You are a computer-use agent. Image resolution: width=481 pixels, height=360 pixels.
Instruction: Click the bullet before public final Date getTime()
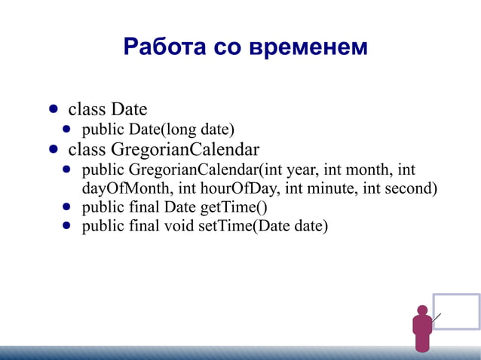click(x=67, y=206)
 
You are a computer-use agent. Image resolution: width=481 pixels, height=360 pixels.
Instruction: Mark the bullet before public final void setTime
click(x=67, y=225)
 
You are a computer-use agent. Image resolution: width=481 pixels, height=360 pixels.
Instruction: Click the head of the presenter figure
click(x=422, y=310)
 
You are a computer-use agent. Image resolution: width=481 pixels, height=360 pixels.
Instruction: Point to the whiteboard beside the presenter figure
click(x=456, y=311)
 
